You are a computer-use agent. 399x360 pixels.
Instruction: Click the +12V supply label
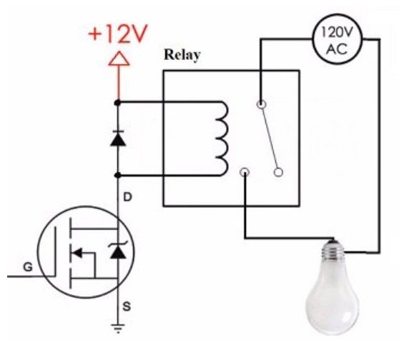[117, 34]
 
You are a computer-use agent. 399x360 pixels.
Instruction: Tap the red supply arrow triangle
[119, 59]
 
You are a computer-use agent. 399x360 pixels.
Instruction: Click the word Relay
[182, 55]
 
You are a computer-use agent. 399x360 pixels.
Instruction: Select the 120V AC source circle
[337, 39]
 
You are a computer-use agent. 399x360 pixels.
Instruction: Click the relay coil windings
[222, 139]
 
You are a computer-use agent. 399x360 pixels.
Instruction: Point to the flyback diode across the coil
[118, 139]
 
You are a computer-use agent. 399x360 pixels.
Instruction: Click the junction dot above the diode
[117, 103]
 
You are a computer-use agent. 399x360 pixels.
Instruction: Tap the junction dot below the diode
[117, 175]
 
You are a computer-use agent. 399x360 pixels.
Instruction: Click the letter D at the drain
[127, 197]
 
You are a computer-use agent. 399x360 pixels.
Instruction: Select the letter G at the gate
[28, 267]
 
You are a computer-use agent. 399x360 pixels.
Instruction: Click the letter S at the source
[127, 307]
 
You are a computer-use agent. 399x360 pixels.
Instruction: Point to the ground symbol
[118, 329]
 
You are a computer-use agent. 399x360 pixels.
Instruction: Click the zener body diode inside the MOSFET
[118, 251]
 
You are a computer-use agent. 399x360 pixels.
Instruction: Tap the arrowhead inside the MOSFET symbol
[77, 253]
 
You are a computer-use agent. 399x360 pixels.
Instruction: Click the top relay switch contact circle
[261, 104]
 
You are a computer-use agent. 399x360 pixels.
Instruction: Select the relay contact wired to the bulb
[245, 172]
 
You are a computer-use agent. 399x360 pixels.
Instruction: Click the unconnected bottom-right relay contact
[279, 172]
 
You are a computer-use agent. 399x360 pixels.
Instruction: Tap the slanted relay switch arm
[270, 138]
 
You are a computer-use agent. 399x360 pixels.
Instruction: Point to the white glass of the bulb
[332, 300]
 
